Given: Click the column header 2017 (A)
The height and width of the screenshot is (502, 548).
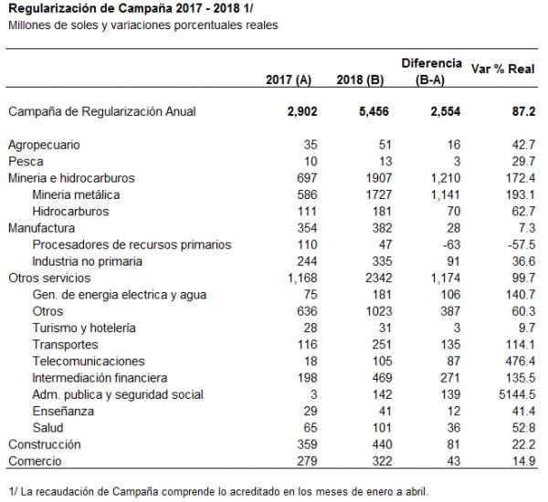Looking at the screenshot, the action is coord(289,80).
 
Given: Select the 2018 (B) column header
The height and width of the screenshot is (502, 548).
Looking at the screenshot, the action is coord(360,80).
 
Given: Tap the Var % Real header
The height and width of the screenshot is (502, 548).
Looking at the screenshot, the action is coord(502,68).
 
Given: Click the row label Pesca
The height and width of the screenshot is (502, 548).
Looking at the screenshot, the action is coord(26,162).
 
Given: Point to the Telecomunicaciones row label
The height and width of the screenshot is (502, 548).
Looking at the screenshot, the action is coord(89,361).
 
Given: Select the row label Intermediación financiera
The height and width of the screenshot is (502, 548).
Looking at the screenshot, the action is coord(100,378).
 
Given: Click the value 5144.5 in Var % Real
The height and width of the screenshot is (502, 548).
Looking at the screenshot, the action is coord(517,394).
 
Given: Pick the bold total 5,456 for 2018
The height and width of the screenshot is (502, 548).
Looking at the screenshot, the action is coord(374,111).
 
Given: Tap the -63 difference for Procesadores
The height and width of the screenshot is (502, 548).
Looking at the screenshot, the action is coord(450,245).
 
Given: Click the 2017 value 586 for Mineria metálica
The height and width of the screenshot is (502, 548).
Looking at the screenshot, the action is coord(307,194).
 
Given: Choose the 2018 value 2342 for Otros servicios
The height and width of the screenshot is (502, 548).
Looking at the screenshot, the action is coord(379,277).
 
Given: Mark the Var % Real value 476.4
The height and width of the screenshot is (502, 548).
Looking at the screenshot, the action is coord(520,361).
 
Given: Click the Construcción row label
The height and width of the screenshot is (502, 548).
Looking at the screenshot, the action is coord(45,444).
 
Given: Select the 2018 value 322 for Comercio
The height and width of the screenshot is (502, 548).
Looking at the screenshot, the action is coord(382,461).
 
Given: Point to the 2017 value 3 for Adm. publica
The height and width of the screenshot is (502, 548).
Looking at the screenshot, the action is coord(314,394).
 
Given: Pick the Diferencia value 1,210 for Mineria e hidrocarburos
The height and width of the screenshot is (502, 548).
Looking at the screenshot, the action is coord(446,178).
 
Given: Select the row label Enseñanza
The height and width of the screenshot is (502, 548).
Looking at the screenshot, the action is coord(63,411).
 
